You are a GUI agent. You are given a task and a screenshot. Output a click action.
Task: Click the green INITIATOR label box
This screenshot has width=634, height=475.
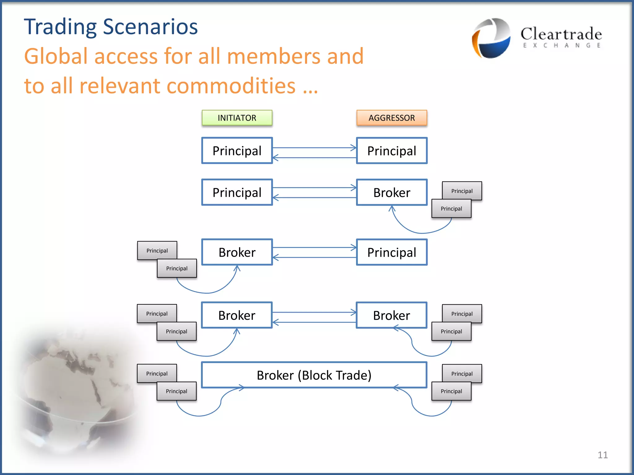click(x=237, y=118)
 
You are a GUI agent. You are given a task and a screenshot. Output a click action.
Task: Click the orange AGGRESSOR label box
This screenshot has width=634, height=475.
click(x=392, y=118)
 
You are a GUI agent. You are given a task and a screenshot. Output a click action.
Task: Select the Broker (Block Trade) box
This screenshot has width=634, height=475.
click(x=314, y=375)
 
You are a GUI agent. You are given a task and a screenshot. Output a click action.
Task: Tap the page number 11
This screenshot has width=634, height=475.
click(x=602, y=455)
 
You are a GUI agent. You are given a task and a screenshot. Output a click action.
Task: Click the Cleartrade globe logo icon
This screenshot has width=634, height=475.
click(x=491, y=38)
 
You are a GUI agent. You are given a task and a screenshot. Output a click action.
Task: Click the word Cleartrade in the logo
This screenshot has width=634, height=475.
click(x=561, y=34)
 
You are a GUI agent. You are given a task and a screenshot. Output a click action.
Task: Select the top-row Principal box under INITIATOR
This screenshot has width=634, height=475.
click(x=237, y=151)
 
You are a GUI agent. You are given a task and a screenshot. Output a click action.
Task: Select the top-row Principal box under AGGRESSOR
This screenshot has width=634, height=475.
click(x=392, y=151)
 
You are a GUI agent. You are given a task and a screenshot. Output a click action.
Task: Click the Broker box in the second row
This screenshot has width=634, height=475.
click(x=392, y=192)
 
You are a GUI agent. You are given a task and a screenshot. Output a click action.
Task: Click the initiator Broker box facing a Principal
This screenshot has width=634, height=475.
click(x=237, y=252)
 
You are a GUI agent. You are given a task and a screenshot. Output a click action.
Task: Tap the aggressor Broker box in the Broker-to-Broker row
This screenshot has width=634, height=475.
click(x=392, y=315)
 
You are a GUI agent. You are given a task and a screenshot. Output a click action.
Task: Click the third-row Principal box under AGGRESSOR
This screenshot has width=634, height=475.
click(x=392, y=252)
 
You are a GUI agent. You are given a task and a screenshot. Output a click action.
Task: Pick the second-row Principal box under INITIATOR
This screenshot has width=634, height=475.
click(x=237, y=192)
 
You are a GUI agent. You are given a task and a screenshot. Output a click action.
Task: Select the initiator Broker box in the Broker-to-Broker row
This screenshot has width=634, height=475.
click(x=237, y=315)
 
